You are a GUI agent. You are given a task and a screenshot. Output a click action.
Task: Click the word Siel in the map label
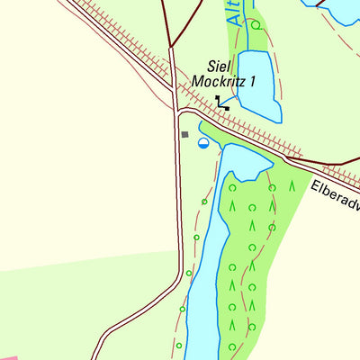pyautogui.click(x=219, y=66)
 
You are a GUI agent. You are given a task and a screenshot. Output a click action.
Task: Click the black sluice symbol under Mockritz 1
pyautogui.click(x=222, y=104)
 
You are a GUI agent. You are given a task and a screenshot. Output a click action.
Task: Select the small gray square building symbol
pyautogui.click(x=185, y=134)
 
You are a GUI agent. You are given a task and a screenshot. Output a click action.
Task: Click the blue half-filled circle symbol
pyautogui.click(x=203, y=142)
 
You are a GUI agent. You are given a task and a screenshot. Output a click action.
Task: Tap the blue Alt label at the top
pyautogui.click(x=232, y=12)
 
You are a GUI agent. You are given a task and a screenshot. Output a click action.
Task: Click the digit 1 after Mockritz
pyautogui.click(x=253, y=82)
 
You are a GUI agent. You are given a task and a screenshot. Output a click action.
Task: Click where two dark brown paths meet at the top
pyautogui.click(x=169, y=44)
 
